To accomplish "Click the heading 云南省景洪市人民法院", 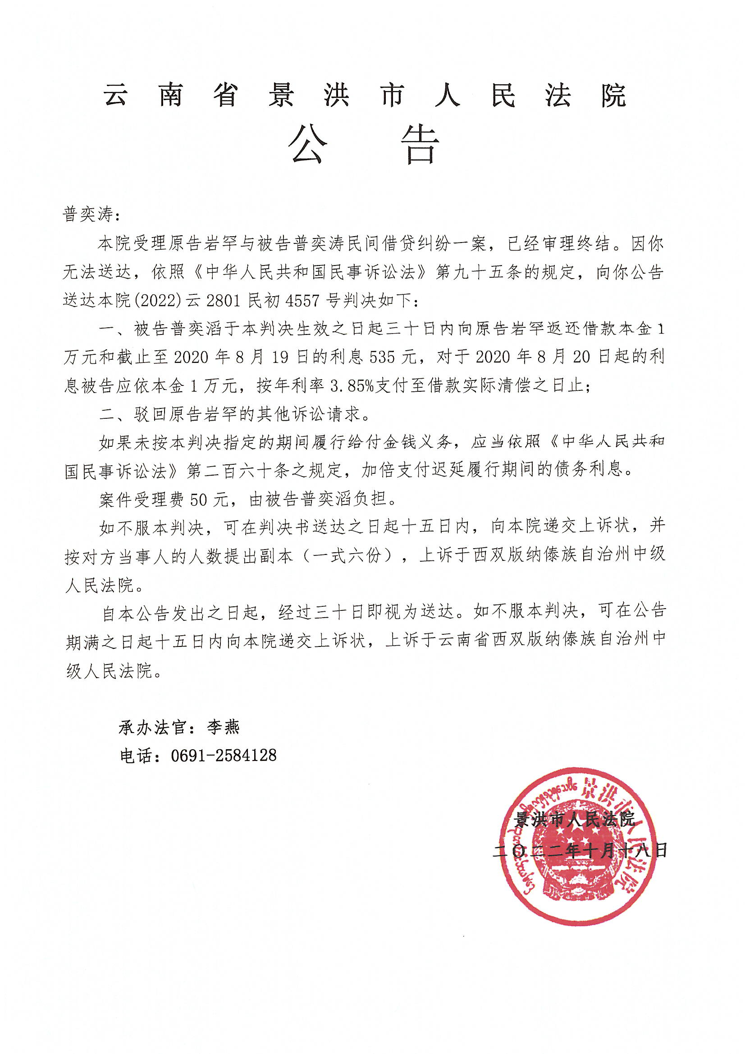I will tap(366, 96).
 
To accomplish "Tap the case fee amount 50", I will tap(199, 499).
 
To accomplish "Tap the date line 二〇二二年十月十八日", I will tap(579, 851).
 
